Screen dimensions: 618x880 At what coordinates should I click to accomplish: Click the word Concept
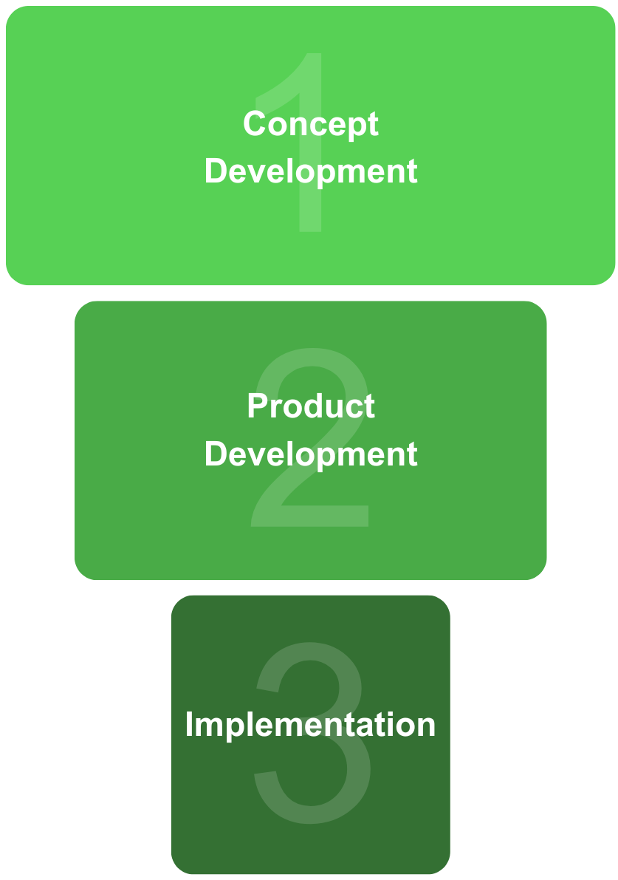tap(310, 124)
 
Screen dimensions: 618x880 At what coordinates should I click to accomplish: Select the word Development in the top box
tap(310, 171)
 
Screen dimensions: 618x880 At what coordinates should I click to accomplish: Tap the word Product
tap(310, 406)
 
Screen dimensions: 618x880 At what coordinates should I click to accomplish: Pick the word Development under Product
tap(310, 454)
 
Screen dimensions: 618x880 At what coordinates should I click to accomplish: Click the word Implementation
tap(310, 724)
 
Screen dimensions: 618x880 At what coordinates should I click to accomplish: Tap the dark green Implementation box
tap(222, 813)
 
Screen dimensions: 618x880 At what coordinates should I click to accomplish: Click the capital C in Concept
tap(255, 124)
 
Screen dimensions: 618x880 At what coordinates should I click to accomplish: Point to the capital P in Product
tap(256, 406)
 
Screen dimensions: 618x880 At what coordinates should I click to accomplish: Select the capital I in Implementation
tap(189, 724)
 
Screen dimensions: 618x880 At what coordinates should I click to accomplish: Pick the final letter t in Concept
tap(373, 125)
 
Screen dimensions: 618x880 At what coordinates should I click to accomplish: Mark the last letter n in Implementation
tap(426, 726)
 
